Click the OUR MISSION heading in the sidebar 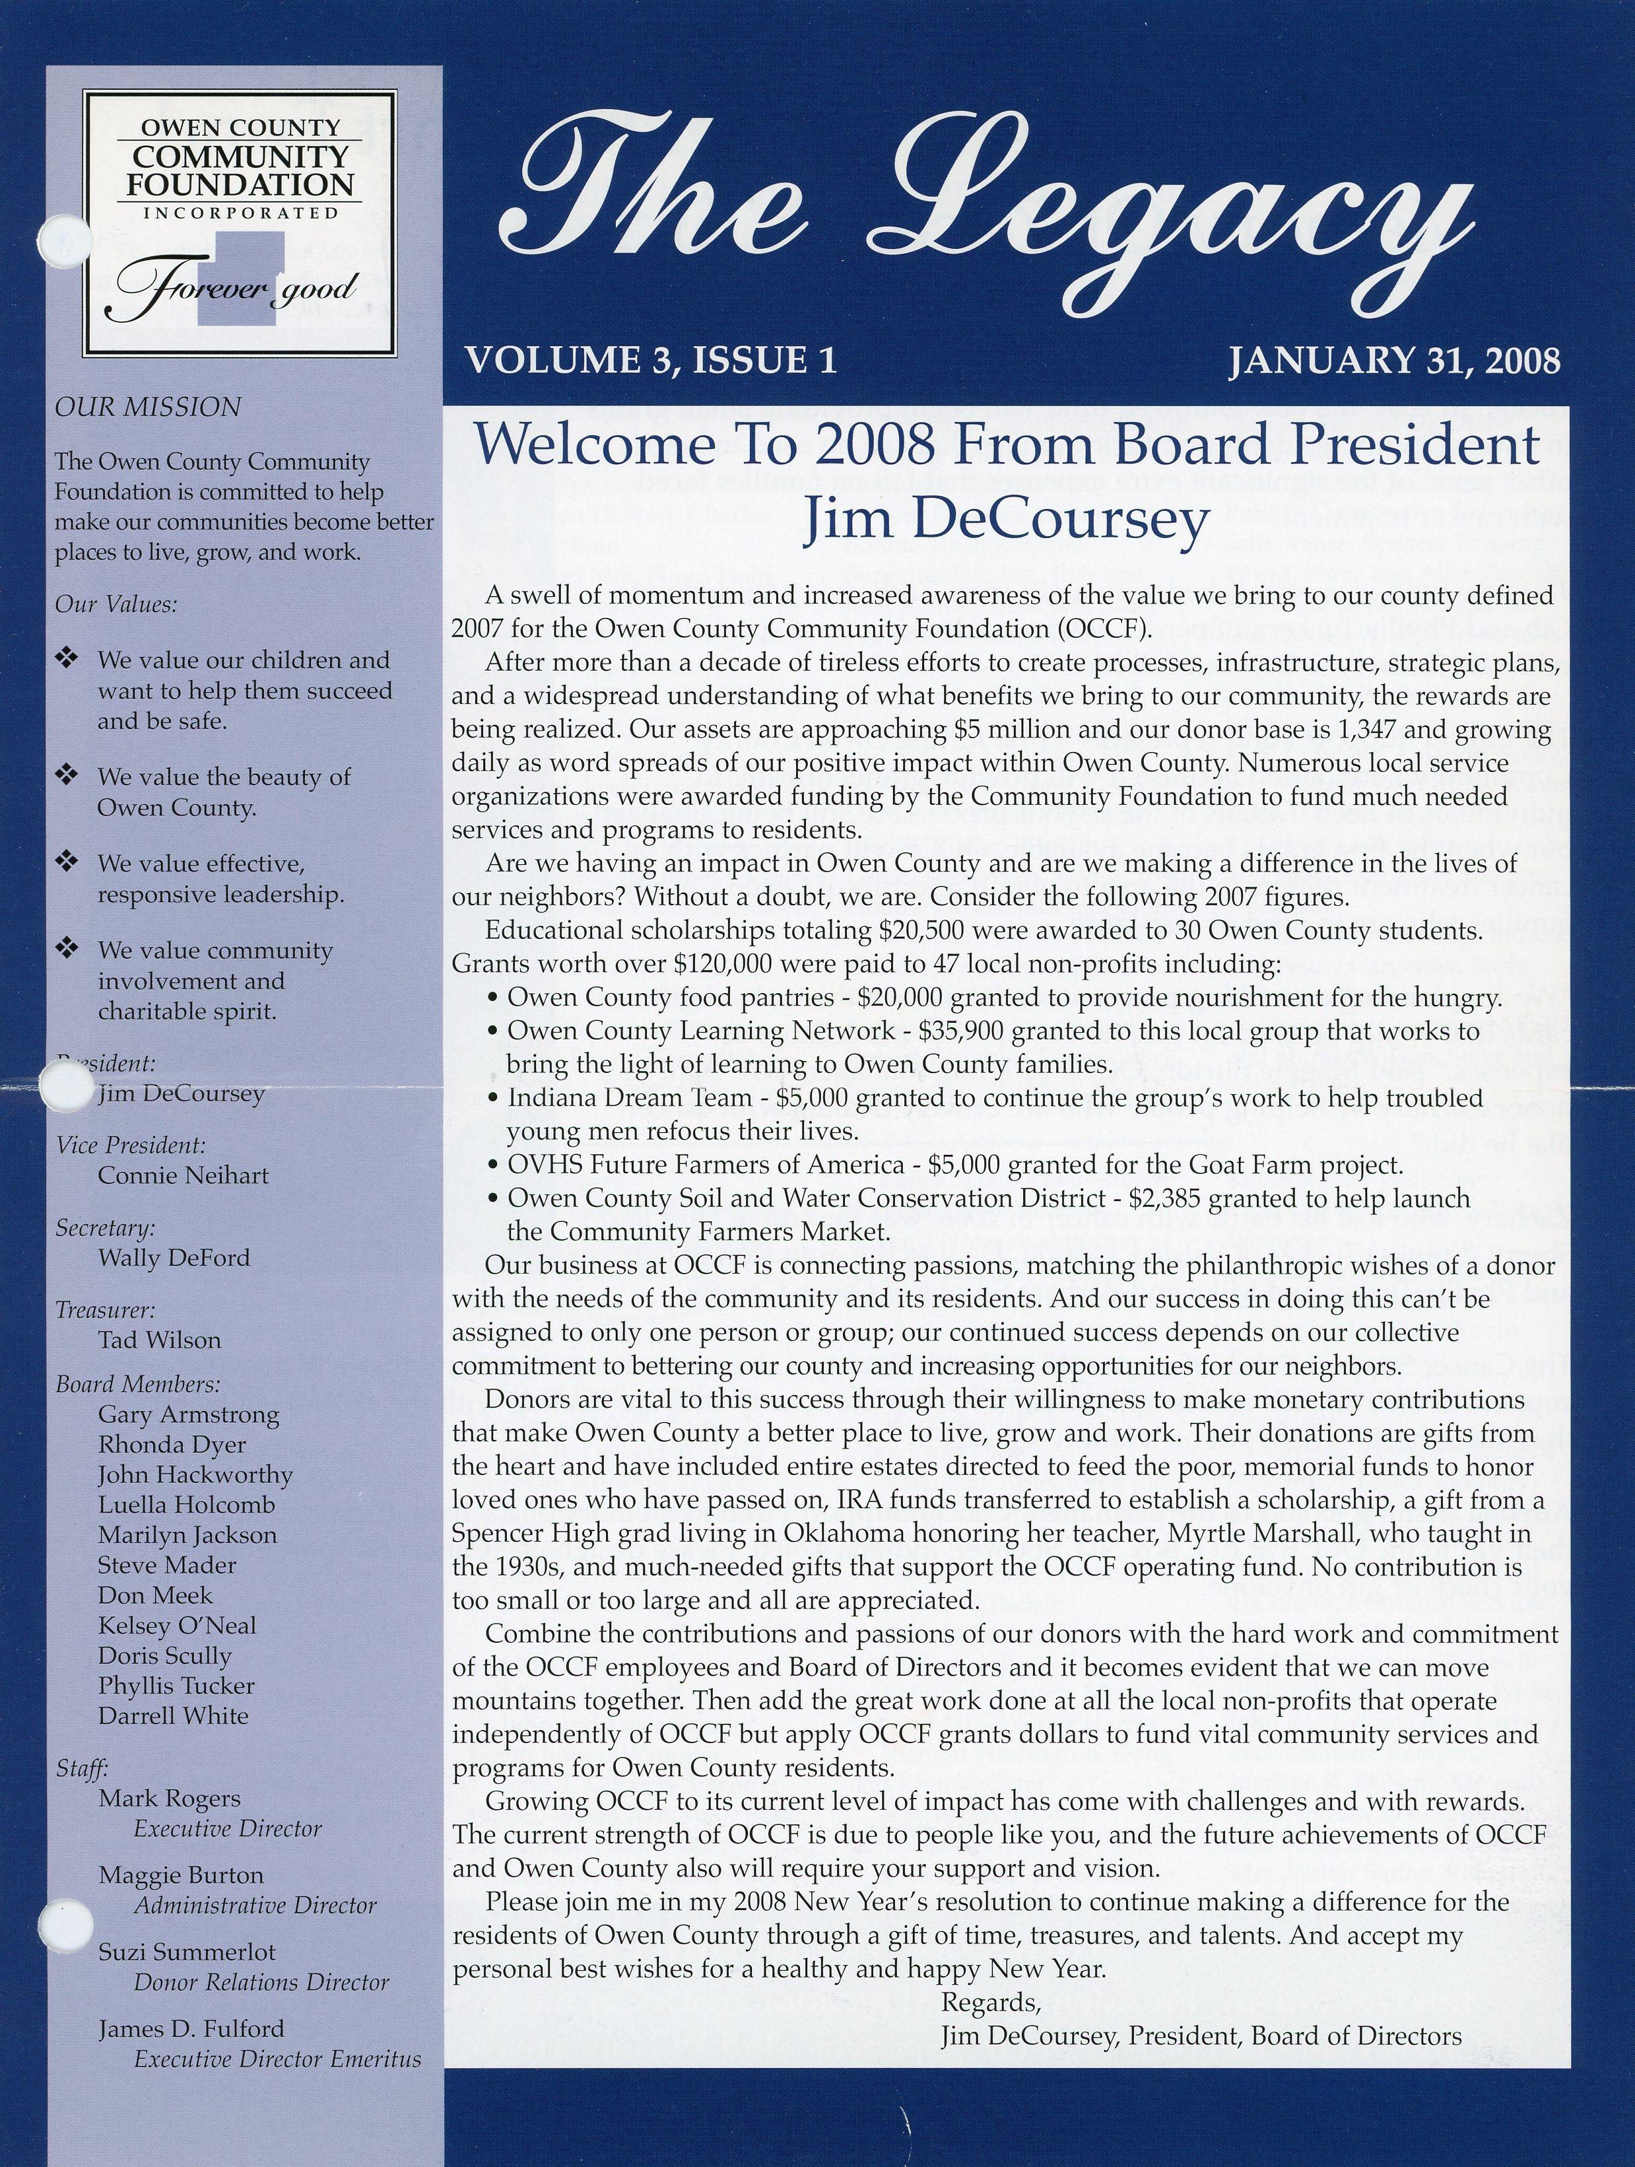(147, 407)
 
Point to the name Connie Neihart (184, 1175)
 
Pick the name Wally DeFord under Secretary (174, 1258)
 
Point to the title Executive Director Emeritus (277, 2033)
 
